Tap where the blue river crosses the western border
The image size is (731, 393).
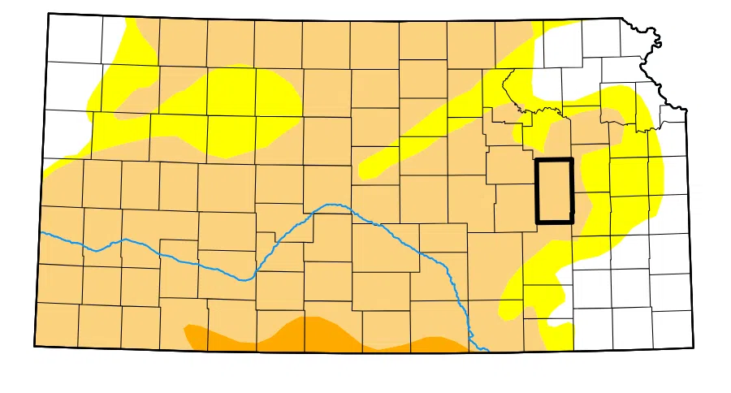(41, 233)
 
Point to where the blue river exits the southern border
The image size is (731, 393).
(486, 350)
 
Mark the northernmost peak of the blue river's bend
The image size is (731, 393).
(331, 204)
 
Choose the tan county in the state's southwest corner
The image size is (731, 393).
(58, 325)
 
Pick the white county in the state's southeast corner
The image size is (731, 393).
(672, 328)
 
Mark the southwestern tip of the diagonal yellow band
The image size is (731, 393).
(365, 172)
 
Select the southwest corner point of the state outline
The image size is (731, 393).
(35, 346)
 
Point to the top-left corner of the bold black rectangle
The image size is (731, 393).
(537, 160)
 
